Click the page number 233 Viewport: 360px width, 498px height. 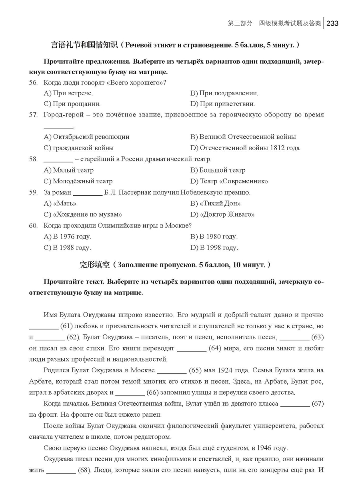pyautogui.click(x=332, y=23)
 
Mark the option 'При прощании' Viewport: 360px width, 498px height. pyautogui.click(x=72, y=104)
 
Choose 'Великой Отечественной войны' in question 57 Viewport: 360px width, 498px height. pyautogui.click(x=243, y=137)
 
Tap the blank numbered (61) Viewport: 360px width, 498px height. pyautogui.click(x=44, y=326)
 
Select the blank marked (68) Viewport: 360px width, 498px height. pyautogui.click(x=61, y=470)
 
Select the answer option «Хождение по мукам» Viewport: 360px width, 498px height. pyautogui.click(x=83, y=214)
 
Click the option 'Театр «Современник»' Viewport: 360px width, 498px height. pyautogui.click(x=229, y=181)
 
